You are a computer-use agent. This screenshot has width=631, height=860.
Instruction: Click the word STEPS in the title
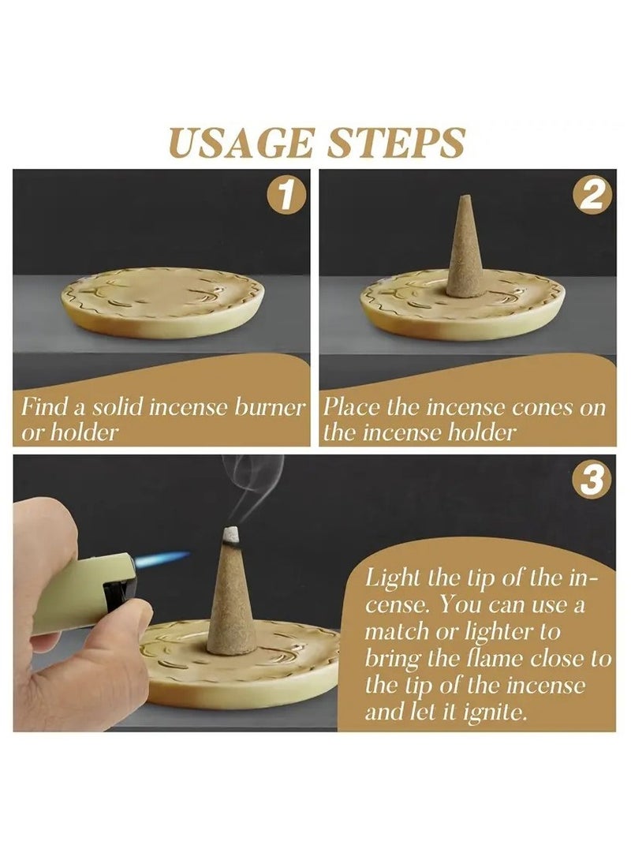[x=396, y=143]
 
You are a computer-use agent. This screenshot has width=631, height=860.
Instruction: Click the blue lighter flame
[x=162, y=559]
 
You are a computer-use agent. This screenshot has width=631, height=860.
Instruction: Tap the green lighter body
[x=82, y=593]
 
